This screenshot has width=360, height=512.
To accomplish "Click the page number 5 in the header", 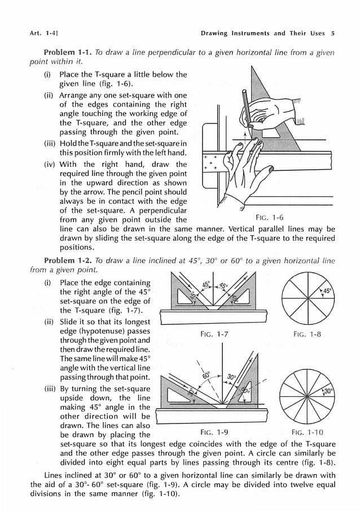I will tap(333, 33).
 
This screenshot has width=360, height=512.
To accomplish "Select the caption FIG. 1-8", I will tap(307, 334).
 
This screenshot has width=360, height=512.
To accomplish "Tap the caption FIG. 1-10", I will tap(307, 433).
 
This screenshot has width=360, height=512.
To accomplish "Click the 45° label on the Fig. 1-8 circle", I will tap(327, 292).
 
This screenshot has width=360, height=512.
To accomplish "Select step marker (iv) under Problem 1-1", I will tap(50, 165).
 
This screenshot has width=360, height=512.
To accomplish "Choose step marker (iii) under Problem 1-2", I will tap(50, 389).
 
